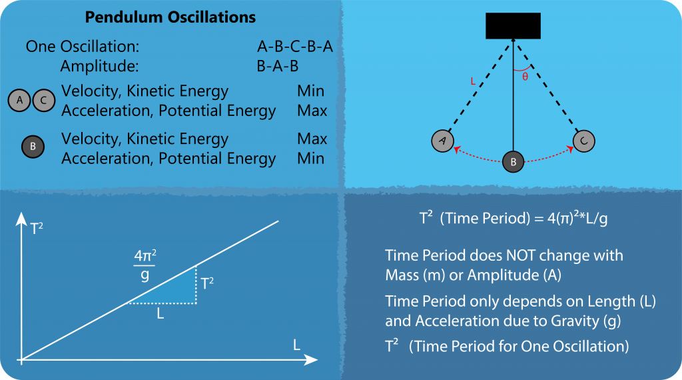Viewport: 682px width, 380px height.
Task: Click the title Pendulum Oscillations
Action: click(170, 17)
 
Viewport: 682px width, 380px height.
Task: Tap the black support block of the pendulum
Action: click(513, 26)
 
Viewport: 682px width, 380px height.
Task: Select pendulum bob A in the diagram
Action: click(443, 141)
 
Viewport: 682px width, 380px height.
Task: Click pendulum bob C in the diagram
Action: click(583, 141)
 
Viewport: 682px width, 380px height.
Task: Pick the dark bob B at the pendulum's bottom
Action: click(513, 161)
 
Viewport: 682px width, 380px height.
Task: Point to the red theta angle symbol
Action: click(525, 77)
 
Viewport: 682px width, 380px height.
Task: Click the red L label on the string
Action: click(473, 81)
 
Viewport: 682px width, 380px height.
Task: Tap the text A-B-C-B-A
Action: click(295, 46)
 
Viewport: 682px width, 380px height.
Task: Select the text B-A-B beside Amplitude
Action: click(278, 66)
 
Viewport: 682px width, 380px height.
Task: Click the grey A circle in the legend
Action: click(19, 100)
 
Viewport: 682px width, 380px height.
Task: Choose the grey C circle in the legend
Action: click(44, 100)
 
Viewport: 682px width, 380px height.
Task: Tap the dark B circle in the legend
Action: click(33, 146)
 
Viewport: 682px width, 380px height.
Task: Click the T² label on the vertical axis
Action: click(37, 228)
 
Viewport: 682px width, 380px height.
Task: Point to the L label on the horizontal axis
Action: click(296, 345)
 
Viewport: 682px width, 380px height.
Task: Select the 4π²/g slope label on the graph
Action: click(145, 265)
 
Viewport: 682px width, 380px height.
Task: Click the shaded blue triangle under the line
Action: click(173, 290)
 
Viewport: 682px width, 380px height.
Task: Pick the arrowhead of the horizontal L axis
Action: click(310, 360)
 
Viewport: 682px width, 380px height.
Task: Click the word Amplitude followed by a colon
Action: click(100, 67)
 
